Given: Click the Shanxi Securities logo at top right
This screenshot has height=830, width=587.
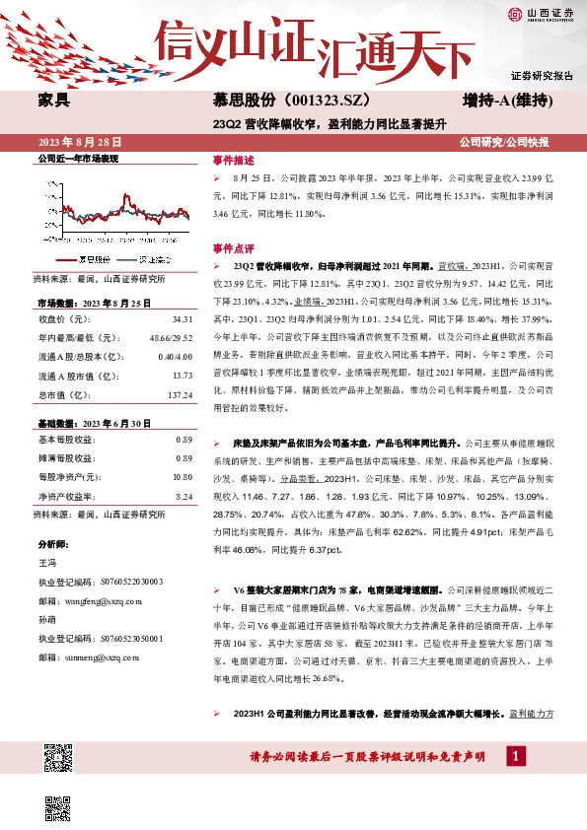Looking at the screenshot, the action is click(541, 14).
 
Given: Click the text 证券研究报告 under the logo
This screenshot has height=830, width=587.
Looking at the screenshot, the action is click(541, 76).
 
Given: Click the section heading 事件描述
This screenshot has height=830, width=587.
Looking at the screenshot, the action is click(233, 159).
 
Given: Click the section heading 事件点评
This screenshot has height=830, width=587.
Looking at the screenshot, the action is click(233, 246).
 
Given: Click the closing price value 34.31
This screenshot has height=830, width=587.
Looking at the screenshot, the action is click(181, 319).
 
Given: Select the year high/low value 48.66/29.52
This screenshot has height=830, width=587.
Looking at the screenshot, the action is click(171, 338).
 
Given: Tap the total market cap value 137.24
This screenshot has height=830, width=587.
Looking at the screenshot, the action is click(178, 394).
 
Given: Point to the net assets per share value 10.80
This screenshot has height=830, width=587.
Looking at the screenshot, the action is click(181, 477).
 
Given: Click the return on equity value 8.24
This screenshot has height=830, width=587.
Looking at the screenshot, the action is click(183, 496).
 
